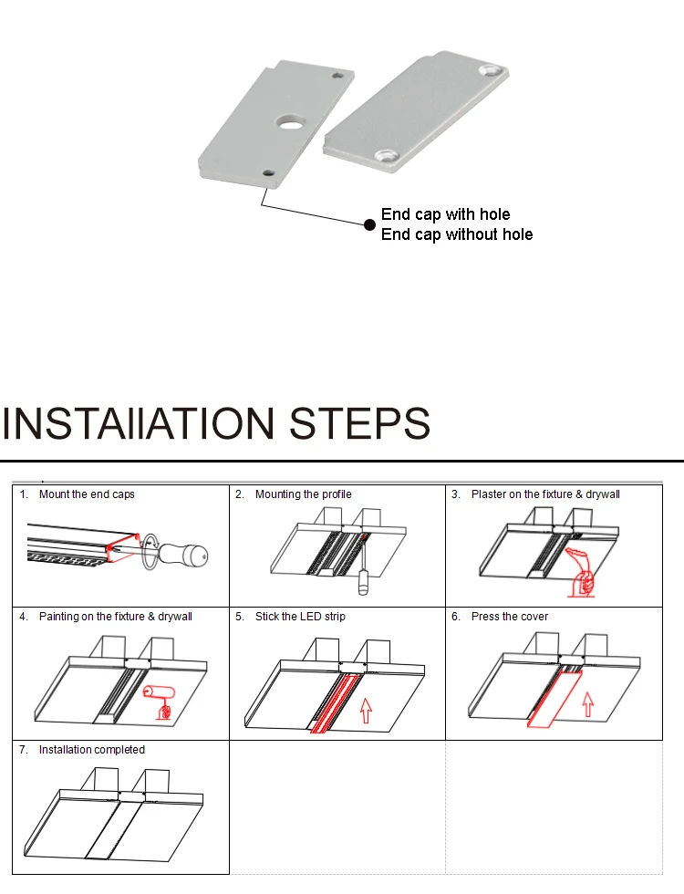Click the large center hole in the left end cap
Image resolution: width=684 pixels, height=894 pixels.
coord(291,121)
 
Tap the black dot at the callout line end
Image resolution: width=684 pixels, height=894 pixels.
coord(369,224)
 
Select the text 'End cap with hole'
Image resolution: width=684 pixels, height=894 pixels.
coord(445,214)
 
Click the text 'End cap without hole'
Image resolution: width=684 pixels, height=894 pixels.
coord(457,234)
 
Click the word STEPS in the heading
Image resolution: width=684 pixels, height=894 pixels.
coord(359,423)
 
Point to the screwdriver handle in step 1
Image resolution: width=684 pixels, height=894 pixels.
coord(182,555)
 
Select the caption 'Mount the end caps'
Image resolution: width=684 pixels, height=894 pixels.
coord(87,494)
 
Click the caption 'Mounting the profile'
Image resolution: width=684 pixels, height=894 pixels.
coord(303,494)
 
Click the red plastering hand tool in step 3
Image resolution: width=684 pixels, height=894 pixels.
coord(580,573)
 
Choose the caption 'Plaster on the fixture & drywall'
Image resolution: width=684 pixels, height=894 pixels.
coord(545,494)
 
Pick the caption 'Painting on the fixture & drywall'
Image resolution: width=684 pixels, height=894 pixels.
coord(116,617)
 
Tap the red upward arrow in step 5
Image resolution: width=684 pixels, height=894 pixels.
coord(366,711)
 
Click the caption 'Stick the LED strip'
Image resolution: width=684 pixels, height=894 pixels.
coord(300,617)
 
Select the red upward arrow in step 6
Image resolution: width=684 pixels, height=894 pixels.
coord(587,704)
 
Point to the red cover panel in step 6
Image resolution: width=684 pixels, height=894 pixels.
coord(554,700)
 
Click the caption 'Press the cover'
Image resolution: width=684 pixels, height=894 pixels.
coord(510,617)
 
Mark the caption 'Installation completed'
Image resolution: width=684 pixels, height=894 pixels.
coord(92,750)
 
